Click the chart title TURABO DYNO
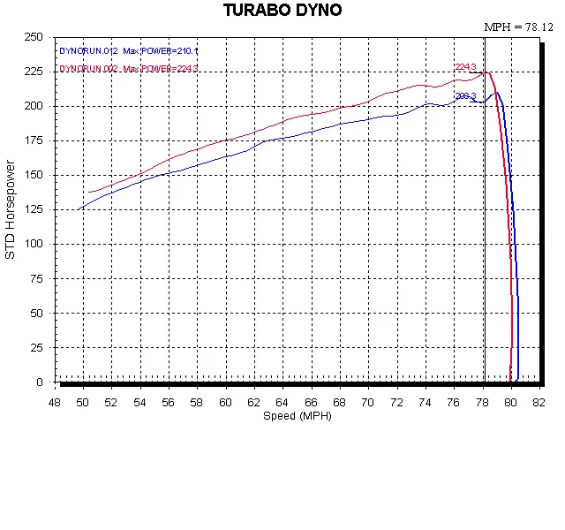pos(282,11)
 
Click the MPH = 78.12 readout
pos(517,27)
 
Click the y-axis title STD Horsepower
pos(11,209)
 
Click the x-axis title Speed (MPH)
pos(298,415)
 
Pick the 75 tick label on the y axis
pos(36,279)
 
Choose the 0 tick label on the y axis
pos(40,382)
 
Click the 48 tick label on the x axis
pos(54,403)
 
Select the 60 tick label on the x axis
pos(225,403)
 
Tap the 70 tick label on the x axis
pos(368,403)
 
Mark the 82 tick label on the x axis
pos(539,403)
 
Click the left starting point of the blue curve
pos(79,209)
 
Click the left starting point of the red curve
pos(88,193)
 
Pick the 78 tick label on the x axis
pos(482,403)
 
